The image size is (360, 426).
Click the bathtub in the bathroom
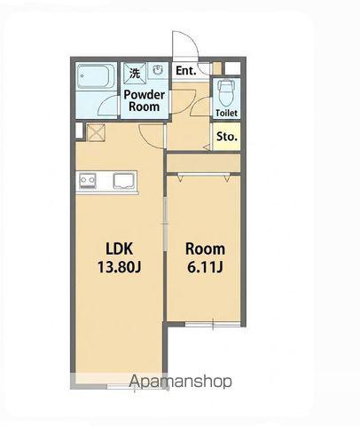pos(96,75)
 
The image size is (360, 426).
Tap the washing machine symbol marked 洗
pos(135,74)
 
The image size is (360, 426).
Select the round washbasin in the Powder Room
pos(158,70)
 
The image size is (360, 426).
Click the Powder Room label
pos(145,100)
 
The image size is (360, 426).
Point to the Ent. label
pos(186,71)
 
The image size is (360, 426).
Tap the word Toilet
pos(226,113)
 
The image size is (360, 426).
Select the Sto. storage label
pos(227,137)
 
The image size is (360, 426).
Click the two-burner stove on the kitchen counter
pos(88,181)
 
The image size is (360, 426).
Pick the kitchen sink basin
pos(124,181)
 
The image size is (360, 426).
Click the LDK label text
pos(120,248)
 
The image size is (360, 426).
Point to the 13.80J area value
pos(119,267)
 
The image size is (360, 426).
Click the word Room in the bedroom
pos(205,249)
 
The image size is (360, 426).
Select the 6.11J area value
pos(205,267)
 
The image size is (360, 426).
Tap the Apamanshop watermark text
pos(180,382)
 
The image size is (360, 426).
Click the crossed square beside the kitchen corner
pos(96,132)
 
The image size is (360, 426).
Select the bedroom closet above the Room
pos(203,163)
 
